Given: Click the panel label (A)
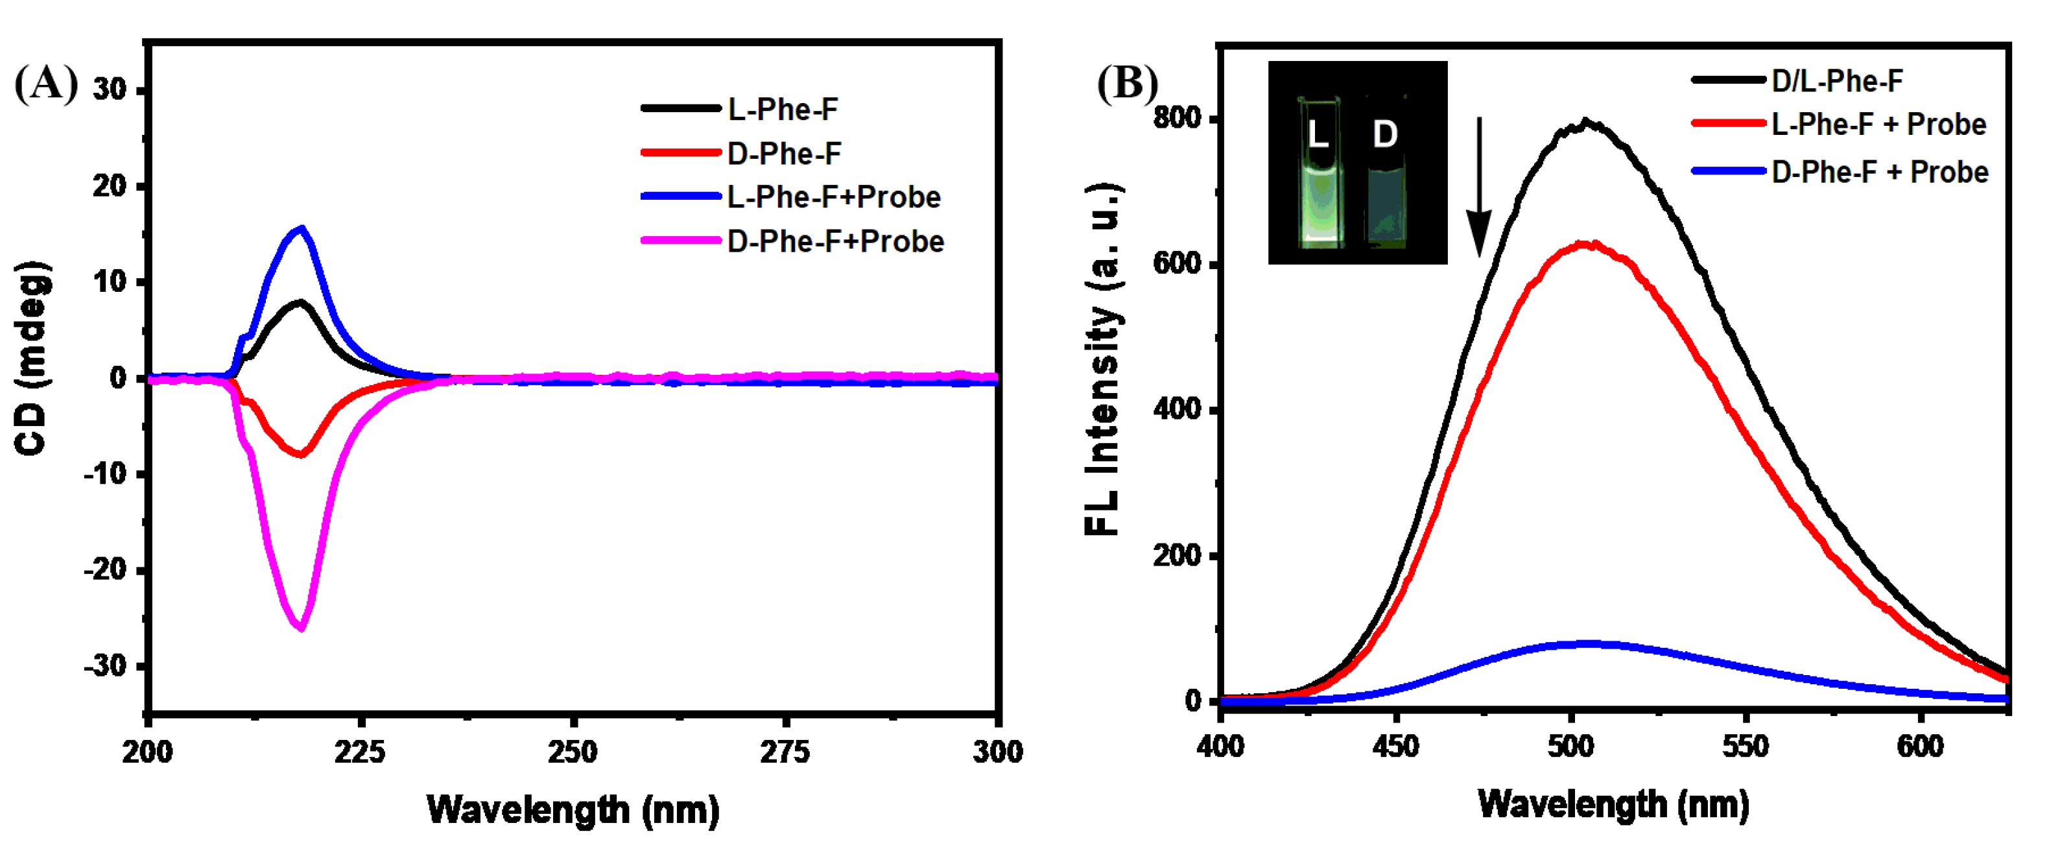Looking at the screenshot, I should point(46,84).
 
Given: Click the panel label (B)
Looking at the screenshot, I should point(1127,84).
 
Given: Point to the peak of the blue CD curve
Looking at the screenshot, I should point(301,229).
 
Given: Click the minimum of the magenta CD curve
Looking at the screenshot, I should point(301,628).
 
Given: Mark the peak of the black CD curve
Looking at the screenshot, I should point(300,302).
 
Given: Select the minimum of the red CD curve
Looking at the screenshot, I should point(301,454).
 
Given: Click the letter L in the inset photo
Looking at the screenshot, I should point(1318,134).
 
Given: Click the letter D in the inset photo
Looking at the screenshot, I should point(1385,134).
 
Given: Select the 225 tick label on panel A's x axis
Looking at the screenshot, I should point(361,752).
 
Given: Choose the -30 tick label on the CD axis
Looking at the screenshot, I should point(109,665).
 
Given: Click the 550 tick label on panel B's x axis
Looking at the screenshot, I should point(1745,746).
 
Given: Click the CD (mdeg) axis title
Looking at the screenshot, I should point(32,358).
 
